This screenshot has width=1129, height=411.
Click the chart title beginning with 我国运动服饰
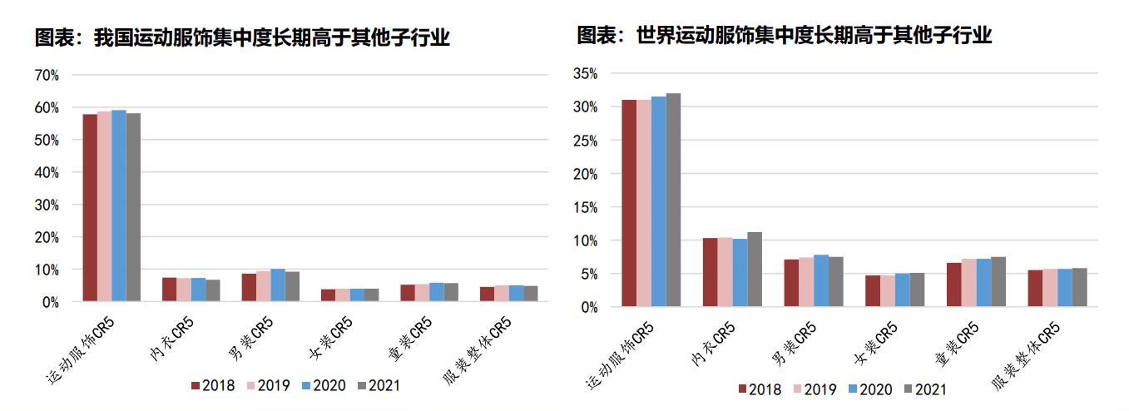(242, 37)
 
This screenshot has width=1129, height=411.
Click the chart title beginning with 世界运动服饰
(785, 35)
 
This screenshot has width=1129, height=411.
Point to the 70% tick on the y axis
(47, 75)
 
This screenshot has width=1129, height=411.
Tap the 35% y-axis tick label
(586, 74)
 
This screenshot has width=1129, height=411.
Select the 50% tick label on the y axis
(47, 140)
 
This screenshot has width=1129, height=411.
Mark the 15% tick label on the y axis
(586, 207)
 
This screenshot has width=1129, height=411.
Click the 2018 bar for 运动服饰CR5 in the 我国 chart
(90, 207)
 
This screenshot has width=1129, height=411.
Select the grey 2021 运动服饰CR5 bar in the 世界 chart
(673, 200)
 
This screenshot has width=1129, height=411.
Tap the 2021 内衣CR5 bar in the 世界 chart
(755, 269)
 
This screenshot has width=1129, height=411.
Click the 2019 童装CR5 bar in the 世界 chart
(970, 282)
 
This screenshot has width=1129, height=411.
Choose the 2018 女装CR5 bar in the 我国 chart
(329, 295)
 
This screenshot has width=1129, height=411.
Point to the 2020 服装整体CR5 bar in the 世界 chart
(1065, 287)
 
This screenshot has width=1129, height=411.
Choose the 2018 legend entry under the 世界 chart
(760, 389)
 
